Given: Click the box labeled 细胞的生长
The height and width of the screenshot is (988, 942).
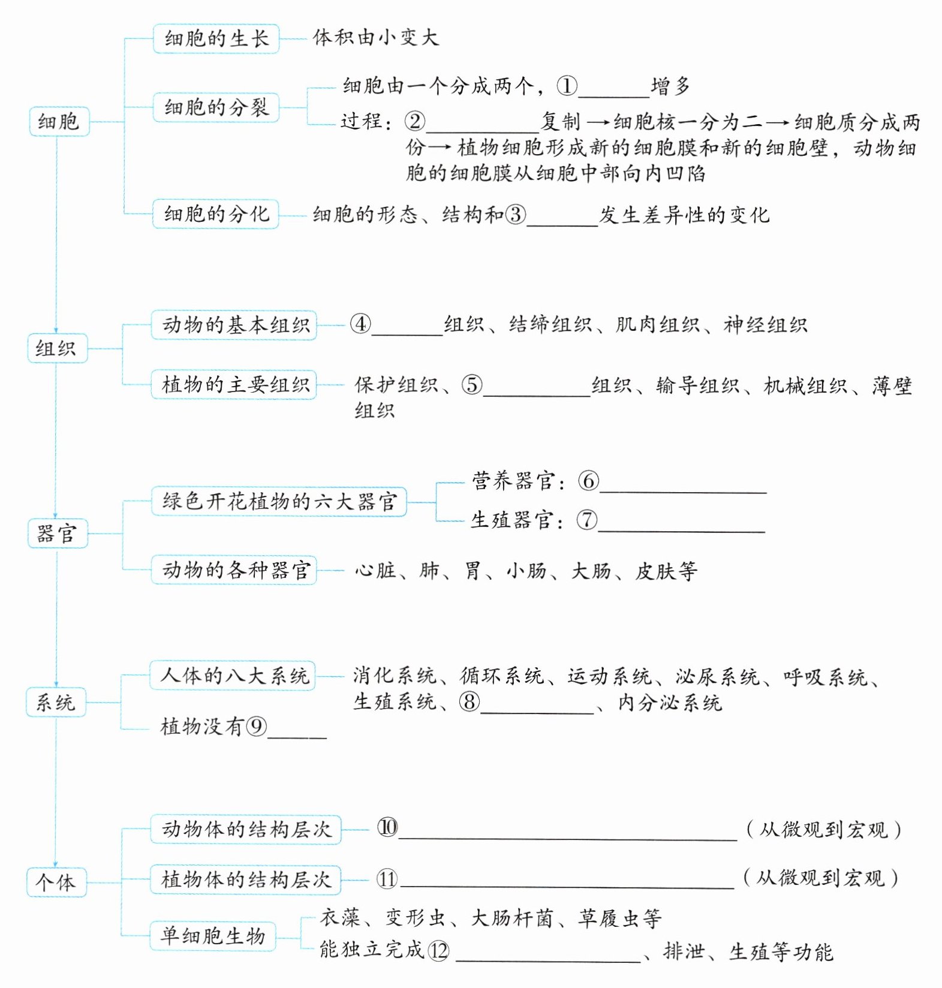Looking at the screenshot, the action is [x=216, y=39].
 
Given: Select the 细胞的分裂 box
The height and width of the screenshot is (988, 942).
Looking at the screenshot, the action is [x=216, y=108].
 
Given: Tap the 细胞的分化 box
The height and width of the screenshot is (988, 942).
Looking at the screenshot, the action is [x=216, y=214].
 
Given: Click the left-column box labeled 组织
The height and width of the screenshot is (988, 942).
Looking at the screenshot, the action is [x=57, y=348].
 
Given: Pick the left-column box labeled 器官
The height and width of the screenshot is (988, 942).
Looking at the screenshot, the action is [x=58, y=534].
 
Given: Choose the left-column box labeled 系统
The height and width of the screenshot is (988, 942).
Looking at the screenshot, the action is [x=56, y=702].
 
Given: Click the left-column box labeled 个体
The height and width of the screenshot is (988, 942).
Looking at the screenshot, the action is [x=56, y=882].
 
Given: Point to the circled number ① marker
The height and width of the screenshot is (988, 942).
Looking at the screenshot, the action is [x=567, y=86].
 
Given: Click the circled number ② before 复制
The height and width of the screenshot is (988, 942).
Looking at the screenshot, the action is [x=414, y=122].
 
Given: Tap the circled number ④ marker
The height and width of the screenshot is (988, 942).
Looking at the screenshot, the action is [x=360, y=324].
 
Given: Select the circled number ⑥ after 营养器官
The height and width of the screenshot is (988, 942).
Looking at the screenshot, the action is [x=588, y=481].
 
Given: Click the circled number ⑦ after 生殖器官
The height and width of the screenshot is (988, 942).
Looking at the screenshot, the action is [x=587, y=519].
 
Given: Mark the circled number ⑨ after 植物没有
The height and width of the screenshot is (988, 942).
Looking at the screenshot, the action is [x=257, y=727].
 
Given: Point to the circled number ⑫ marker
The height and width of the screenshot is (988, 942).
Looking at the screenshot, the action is [x=438, y=951].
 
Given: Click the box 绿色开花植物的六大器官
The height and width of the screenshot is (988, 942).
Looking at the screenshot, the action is [x=279, y=502].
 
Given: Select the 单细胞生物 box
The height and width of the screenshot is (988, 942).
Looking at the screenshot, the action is [x=212, y=936].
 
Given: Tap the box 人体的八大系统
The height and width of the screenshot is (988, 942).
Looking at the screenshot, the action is [x=233, y=676].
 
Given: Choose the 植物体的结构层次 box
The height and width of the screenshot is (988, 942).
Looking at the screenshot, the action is [x=245, y=879].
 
